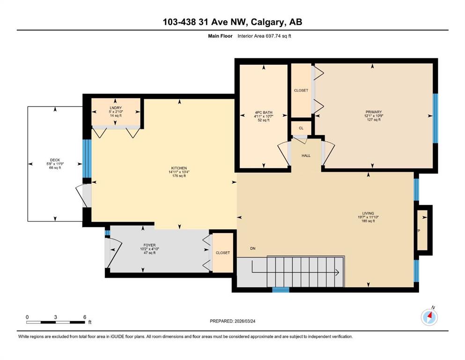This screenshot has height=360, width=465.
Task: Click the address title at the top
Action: point(232,22)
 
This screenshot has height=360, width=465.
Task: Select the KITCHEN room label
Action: point(179,168)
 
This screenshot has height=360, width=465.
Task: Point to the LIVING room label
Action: point(368,213)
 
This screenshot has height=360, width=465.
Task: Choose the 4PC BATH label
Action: point(262,112)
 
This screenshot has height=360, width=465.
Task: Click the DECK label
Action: point(55,160)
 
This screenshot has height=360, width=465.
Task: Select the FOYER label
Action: point(149,245)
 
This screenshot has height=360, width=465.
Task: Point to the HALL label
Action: point(306,156)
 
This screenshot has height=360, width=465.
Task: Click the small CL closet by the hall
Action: point(301,127)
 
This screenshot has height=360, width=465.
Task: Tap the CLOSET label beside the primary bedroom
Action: point(301,90)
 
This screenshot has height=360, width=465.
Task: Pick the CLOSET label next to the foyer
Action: point(223,253)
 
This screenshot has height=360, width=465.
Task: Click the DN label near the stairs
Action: point(253,248)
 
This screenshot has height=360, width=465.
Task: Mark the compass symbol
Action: point(429,317)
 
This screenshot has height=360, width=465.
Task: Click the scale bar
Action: point(56,322)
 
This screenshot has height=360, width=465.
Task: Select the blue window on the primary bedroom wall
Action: point(435,118)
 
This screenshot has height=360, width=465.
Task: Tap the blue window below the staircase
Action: point(281,290)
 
